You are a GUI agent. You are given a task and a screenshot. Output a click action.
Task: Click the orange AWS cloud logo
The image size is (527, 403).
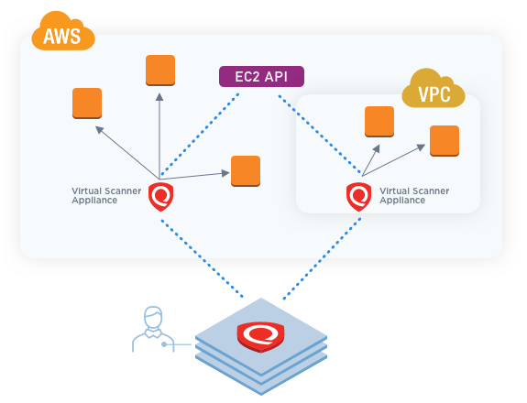coord(63,31)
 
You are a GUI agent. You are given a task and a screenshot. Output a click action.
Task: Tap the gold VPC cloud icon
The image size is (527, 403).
coord(434,89)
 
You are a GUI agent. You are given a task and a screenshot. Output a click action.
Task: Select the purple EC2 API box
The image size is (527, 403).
coord(261,77)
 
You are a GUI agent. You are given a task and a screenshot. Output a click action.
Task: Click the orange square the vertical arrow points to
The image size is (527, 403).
coord(160,71)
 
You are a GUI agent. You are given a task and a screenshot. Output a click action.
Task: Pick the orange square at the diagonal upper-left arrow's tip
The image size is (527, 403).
coord(87,103)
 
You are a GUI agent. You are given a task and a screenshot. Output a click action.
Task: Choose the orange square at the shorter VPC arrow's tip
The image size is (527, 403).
coord(379,122)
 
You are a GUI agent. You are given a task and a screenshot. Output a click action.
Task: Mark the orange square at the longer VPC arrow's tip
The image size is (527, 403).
coord(445,141)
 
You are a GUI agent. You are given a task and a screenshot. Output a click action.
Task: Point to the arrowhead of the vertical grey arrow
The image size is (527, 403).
coord(159,97)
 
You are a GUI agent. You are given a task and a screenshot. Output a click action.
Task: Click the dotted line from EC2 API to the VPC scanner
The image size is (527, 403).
coord(319,135)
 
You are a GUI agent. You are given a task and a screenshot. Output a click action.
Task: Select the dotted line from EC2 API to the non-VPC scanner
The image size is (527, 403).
coord(201,135)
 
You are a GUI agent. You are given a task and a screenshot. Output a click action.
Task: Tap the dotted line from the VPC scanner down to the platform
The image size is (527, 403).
coord(322,258)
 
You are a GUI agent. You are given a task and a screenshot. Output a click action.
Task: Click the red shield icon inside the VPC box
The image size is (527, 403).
coord(359,197)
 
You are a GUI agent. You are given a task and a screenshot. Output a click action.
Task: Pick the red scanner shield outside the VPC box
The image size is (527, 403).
coord(161,197)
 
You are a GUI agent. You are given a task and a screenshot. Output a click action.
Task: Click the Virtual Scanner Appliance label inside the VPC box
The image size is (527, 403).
coord(414,195)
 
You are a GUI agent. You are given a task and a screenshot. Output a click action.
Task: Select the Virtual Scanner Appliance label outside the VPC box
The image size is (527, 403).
coord(106,195)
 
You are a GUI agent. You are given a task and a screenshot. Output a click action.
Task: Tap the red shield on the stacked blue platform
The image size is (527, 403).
coord(261,337)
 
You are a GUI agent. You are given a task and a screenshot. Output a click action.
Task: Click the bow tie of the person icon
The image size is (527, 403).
coord(153,333)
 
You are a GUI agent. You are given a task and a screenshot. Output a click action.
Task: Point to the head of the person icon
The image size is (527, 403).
coord(153,317)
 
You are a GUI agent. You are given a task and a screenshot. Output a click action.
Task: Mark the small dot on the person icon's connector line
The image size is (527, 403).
coord(164,344)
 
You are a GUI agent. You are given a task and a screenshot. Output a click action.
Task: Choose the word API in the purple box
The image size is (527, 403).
coord(276,77)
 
